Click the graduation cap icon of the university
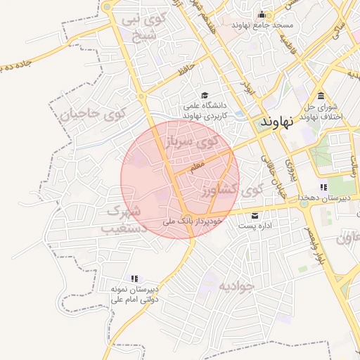[205, 96]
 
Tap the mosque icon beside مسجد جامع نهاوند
[262, 15]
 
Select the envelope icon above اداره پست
[255, 215]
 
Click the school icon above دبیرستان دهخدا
[323, 187]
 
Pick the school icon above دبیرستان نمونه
[134, 278]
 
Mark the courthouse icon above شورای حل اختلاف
[321, 96]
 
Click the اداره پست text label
[255, 226]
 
